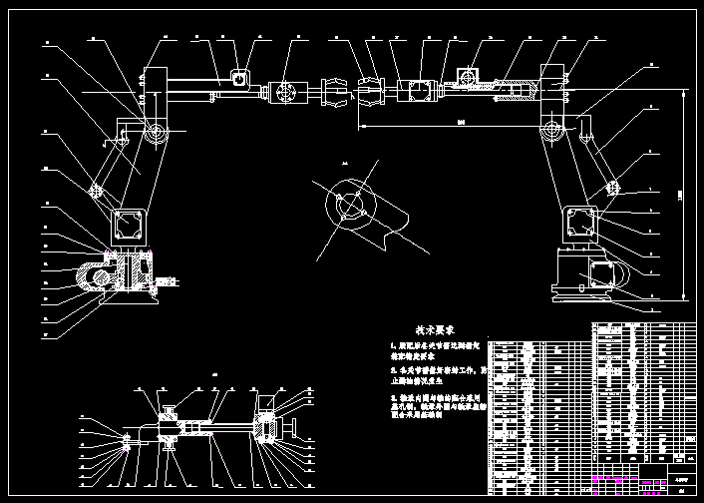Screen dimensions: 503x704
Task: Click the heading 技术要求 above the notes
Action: (435, 328)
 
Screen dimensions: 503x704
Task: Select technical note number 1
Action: (435, 350)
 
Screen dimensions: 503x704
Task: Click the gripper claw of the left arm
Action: (336, 92)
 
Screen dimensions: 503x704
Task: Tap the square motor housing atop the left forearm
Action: (240, 76)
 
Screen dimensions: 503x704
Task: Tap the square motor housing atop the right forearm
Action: (468, 76)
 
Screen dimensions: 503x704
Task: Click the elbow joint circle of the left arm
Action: (156, 134)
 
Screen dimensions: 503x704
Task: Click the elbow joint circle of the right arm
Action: (551, 133)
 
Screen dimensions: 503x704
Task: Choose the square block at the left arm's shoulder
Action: (127, 224)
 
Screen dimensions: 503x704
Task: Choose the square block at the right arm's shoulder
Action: (579, 223)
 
